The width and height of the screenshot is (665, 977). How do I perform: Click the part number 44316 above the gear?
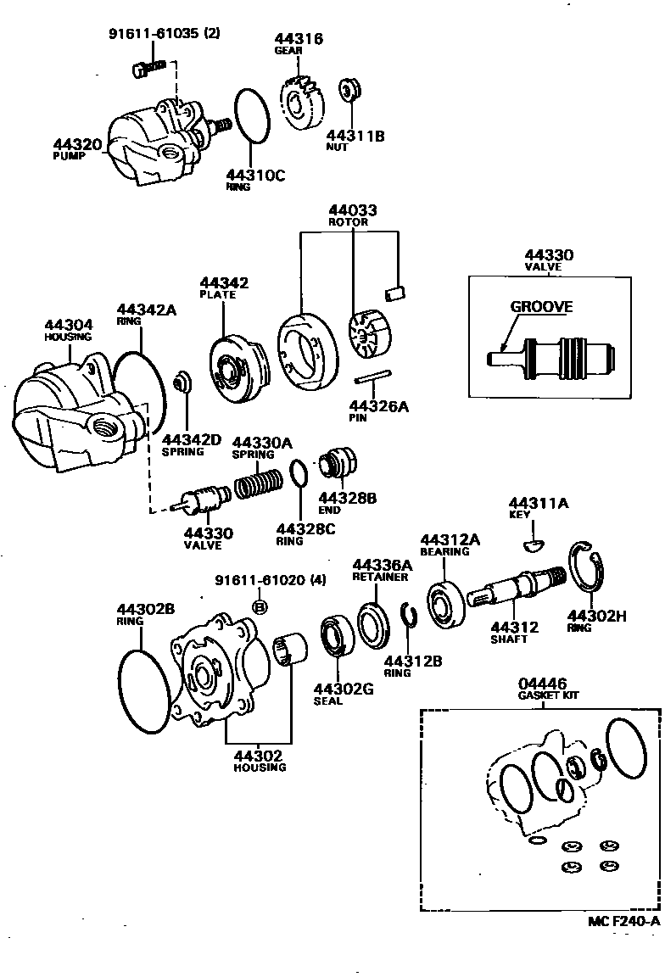(299, 39)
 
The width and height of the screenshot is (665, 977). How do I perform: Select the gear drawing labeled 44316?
(302, 103)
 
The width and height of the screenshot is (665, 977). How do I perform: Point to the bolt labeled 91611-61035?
(146, 67)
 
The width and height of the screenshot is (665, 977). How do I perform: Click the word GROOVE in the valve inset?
(540, 307)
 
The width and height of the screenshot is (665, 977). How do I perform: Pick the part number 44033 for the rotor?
(353, 210)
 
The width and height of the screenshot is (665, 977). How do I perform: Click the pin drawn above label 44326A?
(371, 377)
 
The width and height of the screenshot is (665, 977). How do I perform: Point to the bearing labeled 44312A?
(444, 604)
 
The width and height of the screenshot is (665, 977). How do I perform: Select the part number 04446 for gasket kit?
(542, 684)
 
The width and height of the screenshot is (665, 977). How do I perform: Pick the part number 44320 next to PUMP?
(79, 144)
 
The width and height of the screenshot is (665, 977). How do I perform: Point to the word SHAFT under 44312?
(509, 639)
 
